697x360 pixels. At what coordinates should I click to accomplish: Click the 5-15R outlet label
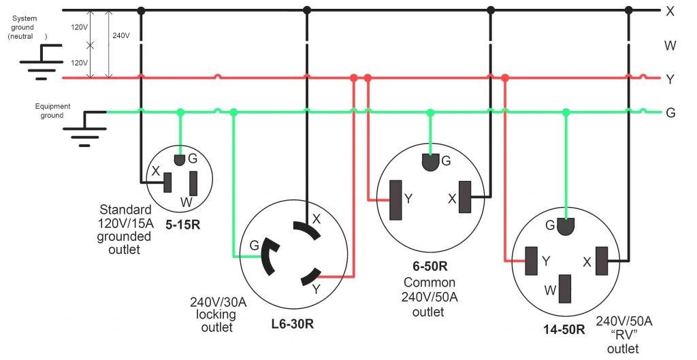pos(182,226)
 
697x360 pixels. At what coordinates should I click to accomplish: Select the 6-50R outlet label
pos(429,267)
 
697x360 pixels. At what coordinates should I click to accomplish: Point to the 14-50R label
pos(564,330)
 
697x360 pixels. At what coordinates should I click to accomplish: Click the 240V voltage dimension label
pos(121,35)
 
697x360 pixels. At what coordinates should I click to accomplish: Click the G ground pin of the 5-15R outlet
pos(180,160)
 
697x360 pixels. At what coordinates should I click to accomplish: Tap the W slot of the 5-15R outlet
pos(193,183)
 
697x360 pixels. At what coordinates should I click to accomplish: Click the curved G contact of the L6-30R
pos(268,255)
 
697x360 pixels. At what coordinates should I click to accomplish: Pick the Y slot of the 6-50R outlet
pos(394,200)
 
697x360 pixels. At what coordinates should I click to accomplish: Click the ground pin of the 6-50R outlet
pos(430,163)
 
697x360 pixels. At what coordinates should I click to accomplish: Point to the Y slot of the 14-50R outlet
pos(532,261)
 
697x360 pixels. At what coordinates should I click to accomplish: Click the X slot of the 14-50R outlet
pos(601,261)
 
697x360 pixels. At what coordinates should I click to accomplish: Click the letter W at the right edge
pos(670,46)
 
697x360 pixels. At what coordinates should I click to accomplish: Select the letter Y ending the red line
pos(670,80)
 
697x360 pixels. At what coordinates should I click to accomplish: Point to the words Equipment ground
pos(50,111)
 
